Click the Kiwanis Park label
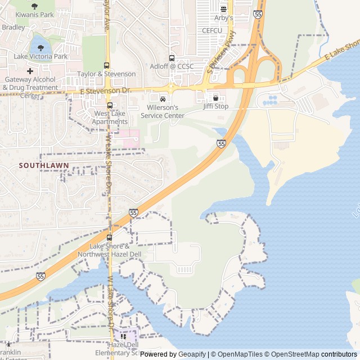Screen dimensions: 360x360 tap(34, 14)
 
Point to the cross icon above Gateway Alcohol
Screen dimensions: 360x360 tap(30, 71)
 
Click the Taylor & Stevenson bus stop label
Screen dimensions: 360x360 tap(106, 74)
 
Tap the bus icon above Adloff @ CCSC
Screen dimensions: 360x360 tap(172, 58)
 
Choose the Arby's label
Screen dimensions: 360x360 tap(223, 18)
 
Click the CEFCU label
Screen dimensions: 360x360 tap(212, 30)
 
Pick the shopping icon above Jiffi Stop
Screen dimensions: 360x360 tap(215, 98)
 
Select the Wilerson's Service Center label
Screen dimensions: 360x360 tap(162, 111)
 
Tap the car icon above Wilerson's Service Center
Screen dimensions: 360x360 tap(163, 100)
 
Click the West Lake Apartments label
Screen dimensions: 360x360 tap(110, 118)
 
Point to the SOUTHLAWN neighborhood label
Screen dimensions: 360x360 tap(43, 165)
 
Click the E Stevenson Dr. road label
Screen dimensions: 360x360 tap(106, 90)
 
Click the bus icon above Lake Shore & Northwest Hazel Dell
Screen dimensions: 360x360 tap(110, 238)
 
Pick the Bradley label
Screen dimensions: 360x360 tap(13, 27)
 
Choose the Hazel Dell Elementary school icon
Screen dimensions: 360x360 tap(123, 336)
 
